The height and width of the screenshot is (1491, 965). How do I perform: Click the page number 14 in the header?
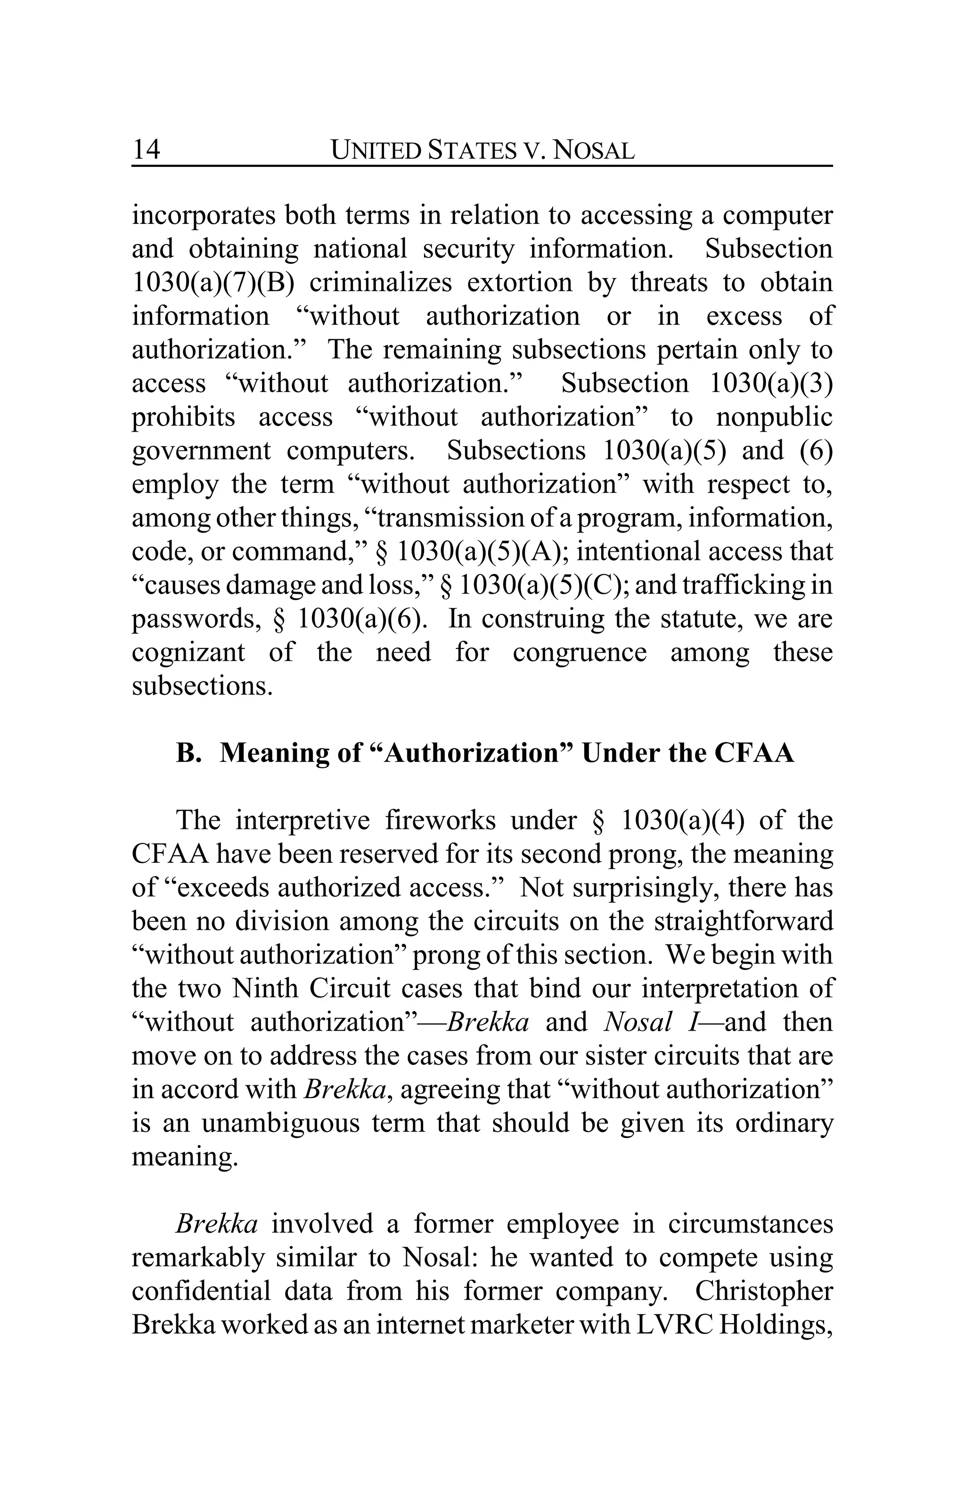click(x=146, y=150)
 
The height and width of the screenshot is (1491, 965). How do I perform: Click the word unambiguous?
click(x=279, y=1123)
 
